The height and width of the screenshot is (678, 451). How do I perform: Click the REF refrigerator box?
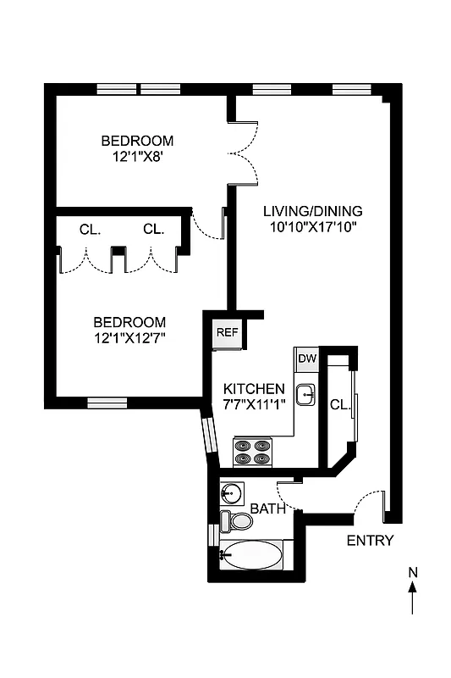tap(227, 332)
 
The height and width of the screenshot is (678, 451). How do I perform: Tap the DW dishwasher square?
tap(306, 359)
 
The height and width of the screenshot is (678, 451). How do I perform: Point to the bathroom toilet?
tap(234, 520)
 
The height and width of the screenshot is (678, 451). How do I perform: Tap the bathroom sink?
tap(230, 492)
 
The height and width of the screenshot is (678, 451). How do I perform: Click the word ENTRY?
tap(370, 541)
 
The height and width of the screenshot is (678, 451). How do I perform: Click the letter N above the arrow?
tap(412, 572)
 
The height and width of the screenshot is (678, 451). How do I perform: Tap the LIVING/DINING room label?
tap(312, 211)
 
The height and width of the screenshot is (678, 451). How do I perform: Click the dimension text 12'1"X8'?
tap(137, 157)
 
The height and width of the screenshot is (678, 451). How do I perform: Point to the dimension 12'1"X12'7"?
tap(129, 338)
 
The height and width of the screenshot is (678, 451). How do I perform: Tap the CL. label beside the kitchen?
tap(340, 405)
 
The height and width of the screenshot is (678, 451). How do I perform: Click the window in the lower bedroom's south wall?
tap(107, 402)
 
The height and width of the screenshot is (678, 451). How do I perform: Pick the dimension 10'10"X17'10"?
tap(312, 227)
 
